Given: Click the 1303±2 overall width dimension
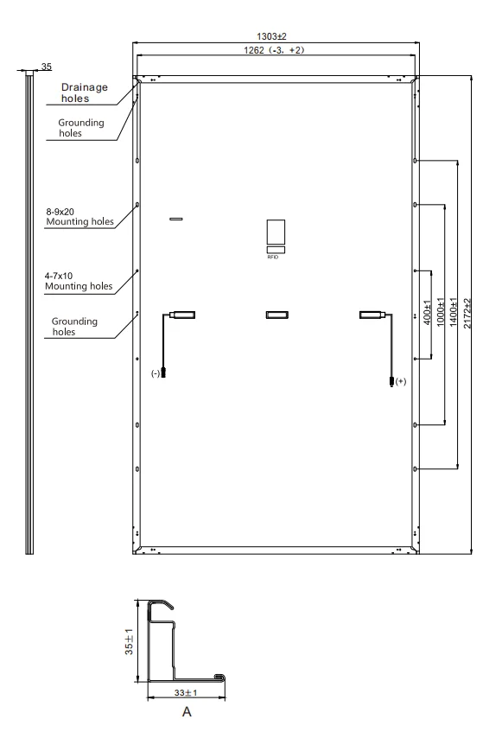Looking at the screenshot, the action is pos(271,36).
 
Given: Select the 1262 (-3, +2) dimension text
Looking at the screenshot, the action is pos(274,50).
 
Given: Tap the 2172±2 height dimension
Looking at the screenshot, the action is pos(467,313).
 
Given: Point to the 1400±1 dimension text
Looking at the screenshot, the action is pos(454,312).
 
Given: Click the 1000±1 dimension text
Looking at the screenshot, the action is pos(441,312).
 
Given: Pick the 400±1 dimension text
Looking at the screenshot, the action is pos(428,313).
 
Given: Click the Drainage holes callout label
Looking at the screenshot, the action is pos(85,92).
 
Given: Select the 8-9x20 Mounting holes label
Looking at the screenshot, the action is pos(79,217).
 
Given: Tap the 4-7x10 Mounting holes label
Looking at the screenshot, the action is pos(79,281).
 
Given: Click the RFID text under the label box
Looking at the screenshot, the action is pos(273,258).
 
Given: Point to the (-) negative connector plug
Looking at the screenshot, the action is pos(162,372).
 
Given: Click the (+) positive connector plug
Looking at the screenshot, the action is pos(391,381).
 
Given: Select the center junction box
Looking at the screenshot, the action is pos(277,315).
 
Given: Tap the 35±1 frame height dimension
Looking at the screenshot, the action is pos(130,641).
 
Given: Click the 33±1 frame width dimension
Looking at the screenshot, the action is pos(186,693).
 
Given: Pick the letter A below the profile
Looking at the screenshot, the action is pos(187,712).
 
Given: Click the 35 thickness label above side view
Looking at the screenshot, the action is pos(46,67).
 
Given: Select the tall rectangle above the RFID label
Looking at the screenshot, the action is pos(276,232).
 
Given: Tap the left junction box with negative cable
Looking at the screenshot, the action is pos(182,315).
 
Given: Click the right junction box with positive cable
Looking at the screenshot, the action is pos(372,315).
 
